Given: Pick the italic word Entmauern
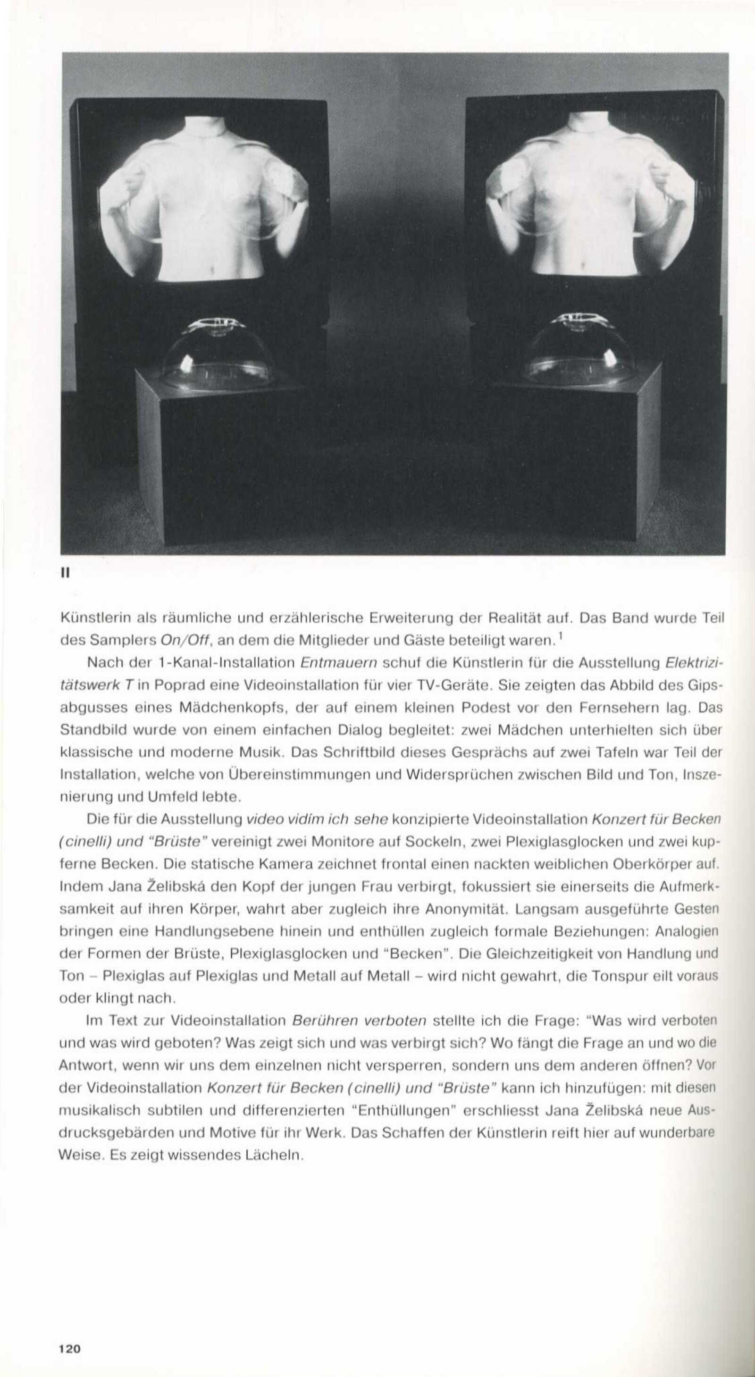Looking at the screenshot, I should coord(339,663).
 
